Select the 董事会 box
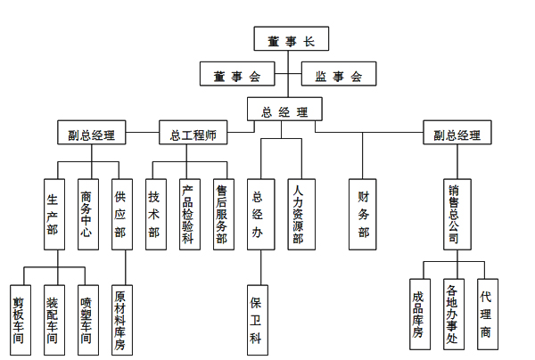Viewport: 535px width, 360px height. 237,75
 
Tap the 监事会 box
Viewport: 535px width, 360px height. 340,75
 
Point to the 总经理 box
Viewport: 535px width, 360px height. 285,110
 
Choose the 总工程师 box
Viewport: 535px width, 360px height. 193,135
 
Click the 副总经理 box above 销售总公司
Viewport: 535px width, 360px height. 457,135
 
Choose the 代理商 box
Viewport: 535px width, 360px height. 486,312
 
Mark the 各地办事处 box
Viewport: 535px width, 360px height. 453,312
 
